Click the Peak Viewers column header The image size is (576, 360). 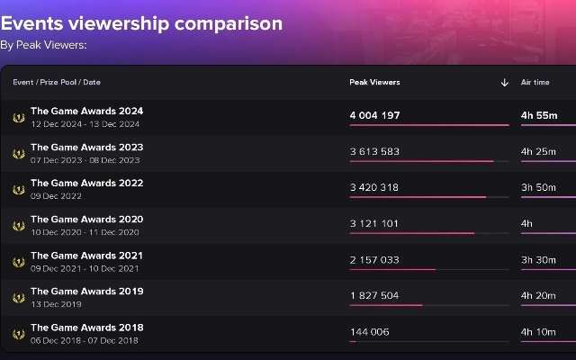coord(374,82)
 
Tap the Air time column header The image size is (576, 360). coord(535,82)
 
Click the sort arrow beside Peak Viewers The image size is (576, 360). coord(505,83)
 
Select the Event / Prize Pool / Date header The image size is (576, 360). coord(57,82)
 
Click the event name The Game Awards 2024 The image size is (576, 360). coord(86,112)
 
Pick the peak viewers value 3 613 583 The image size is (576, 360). coord(374,151)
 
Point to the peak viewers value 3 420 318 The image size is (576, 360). coord(374,187)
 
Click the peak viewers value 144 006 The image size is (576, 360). coord(369,331)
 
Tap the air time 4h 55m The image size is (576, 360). coord(539,115)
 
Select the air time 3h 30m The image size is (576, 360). coord(539,259)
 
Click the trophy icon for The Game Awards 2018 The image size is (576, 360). coord(18,334)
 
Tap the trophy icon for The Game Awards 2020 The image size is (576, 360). coord(18,226)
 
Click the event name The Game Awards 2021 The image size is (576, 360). coord(86,256)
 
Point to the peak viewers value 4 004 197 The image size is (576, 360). coord(374,115)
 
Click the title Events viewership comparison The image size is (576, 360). coord(141,23)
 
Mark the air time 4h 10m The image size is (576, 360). coord(539,331)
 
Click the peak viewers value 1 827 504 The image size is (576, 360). coord(374,295)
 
